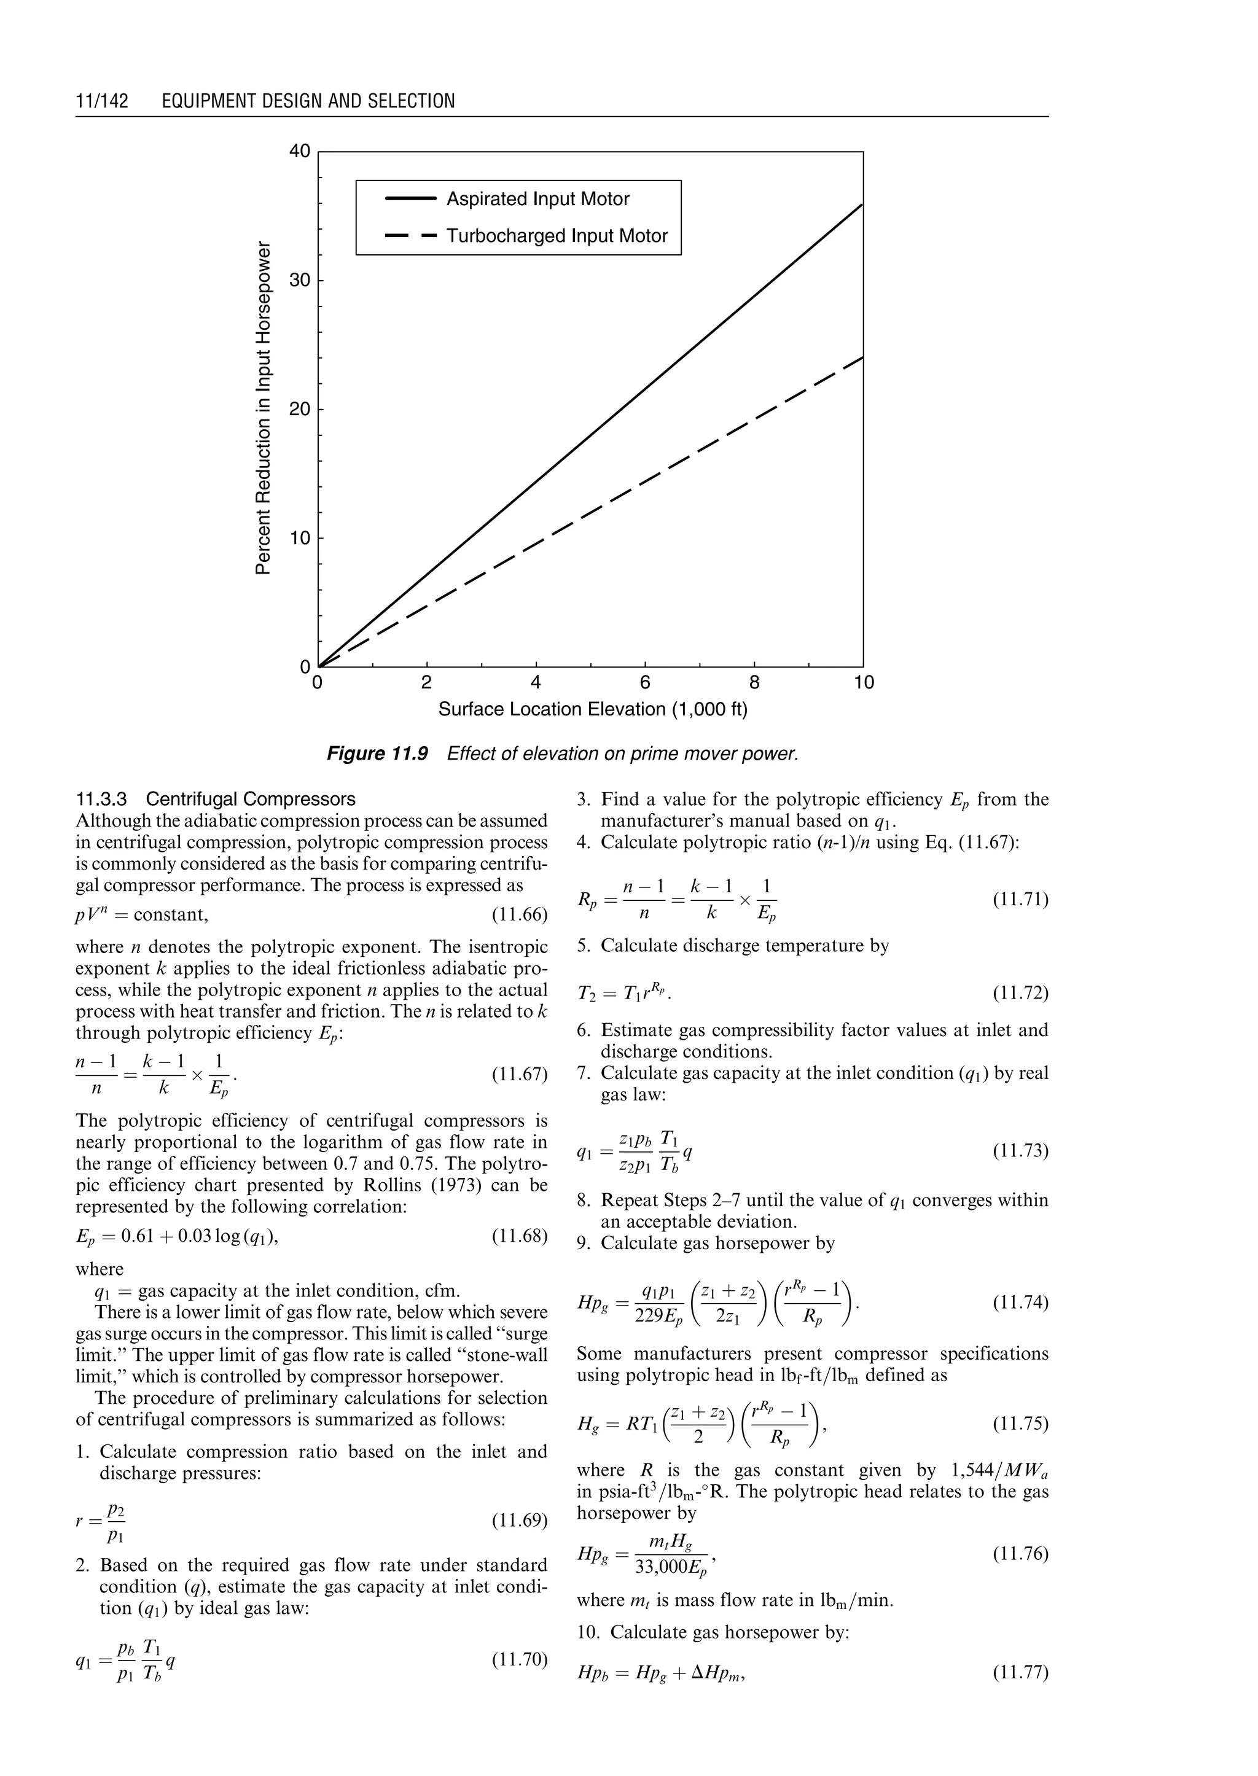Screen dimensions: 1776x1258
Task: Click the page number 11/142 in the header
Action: tap(101, 101)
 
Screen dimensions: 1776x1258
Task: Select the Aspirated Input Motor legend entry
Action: tap(537, 199)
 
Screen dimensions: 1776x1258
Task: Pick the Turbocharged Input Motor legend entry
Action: tap(556, 236)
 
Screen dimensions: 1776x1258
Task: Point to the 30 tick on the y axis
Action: tap(300, 281)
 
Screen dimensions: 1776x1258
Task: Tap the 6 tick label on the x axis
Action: tap(644, 682)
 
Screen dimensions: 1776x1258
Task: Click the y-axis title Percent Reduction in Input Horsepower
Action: tap(264, 409)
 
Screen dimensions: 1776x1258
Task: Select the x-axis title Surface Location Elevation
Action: tap(593, 709)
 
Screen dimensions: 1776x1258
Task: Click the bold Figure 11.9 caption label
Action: tap(377, 754)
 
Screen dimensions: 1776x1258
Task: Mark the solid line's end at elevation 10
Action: tap(862, 204)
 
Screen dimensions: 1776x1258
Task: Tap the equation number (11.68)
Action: tap(520, 1236)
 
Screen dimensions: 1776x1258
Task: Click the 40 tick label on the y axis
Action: tap(300, 152)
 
